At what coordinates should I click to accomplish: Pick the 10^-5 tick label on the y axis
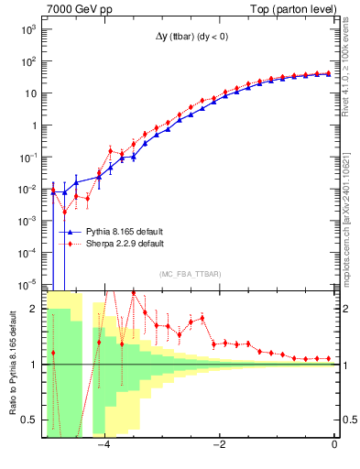pos(27,283)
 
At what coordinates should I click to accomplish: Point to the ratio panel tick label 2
pos(34,310)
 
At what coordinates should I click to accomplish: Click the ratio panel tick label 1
pos(34,365)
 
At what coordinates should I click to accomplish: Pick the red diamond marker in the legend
pos(70,245)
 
